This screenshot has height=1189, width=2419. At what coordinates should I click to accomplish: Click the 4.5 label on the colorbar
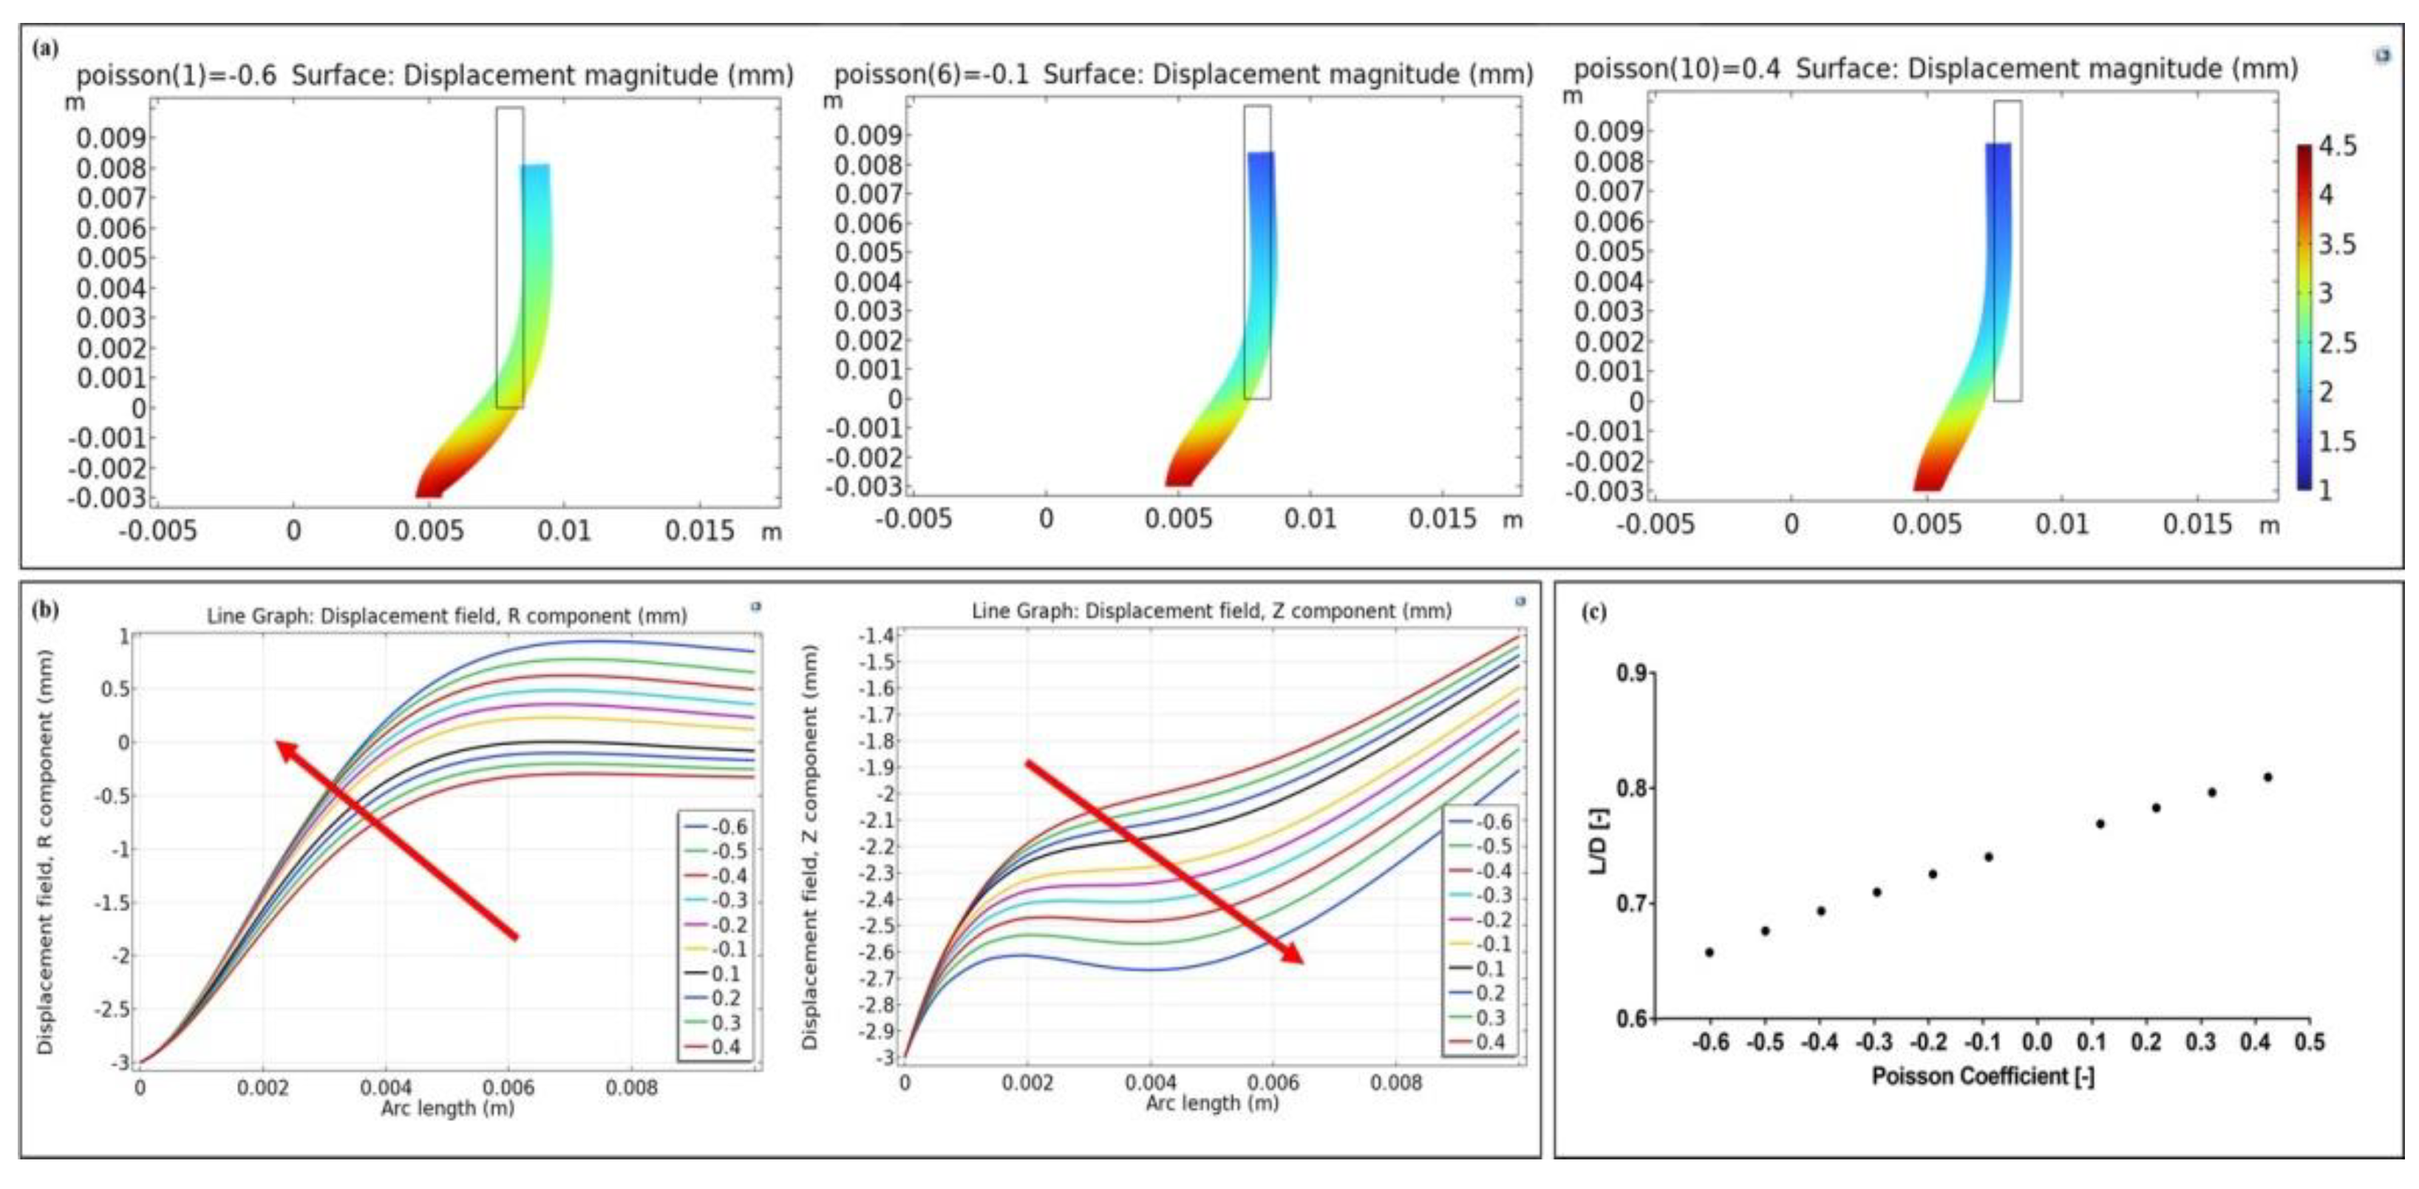click(x=2336, y=146)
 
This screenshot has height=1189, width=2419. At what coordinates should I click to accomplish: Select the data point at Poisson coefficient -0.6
click(x=1709, y=952)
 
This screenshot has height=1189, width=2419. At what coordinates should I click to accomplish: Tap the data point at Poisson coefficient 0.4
click(x=2267, y=776)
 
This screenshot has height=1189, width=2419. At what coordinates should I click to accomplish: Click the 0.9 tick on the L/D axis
click(x=1630, y=674)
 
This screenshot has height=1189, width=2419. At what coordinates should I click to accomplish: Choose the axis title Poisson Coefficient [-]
click(x=1982, y=1077)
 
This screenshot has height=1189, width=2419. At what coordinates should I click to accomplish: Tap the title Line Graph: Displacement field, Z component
click(x=1211, y=612)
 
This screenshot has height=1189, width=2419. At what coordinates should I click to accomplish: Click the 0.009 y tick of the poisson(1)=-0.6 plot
click(x=111, y=139)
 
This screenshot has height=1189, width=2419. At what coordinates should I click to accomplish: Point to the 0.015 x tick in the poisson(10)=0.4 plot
click(x=2197, y=524)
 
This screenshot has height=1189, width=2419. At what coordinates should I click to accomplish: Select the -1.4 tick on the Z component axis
click(x=875, y=636)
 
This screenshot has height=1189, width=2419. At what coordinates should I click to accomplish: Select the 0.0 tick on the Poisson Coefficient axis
click(x=2037, y=1043)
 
